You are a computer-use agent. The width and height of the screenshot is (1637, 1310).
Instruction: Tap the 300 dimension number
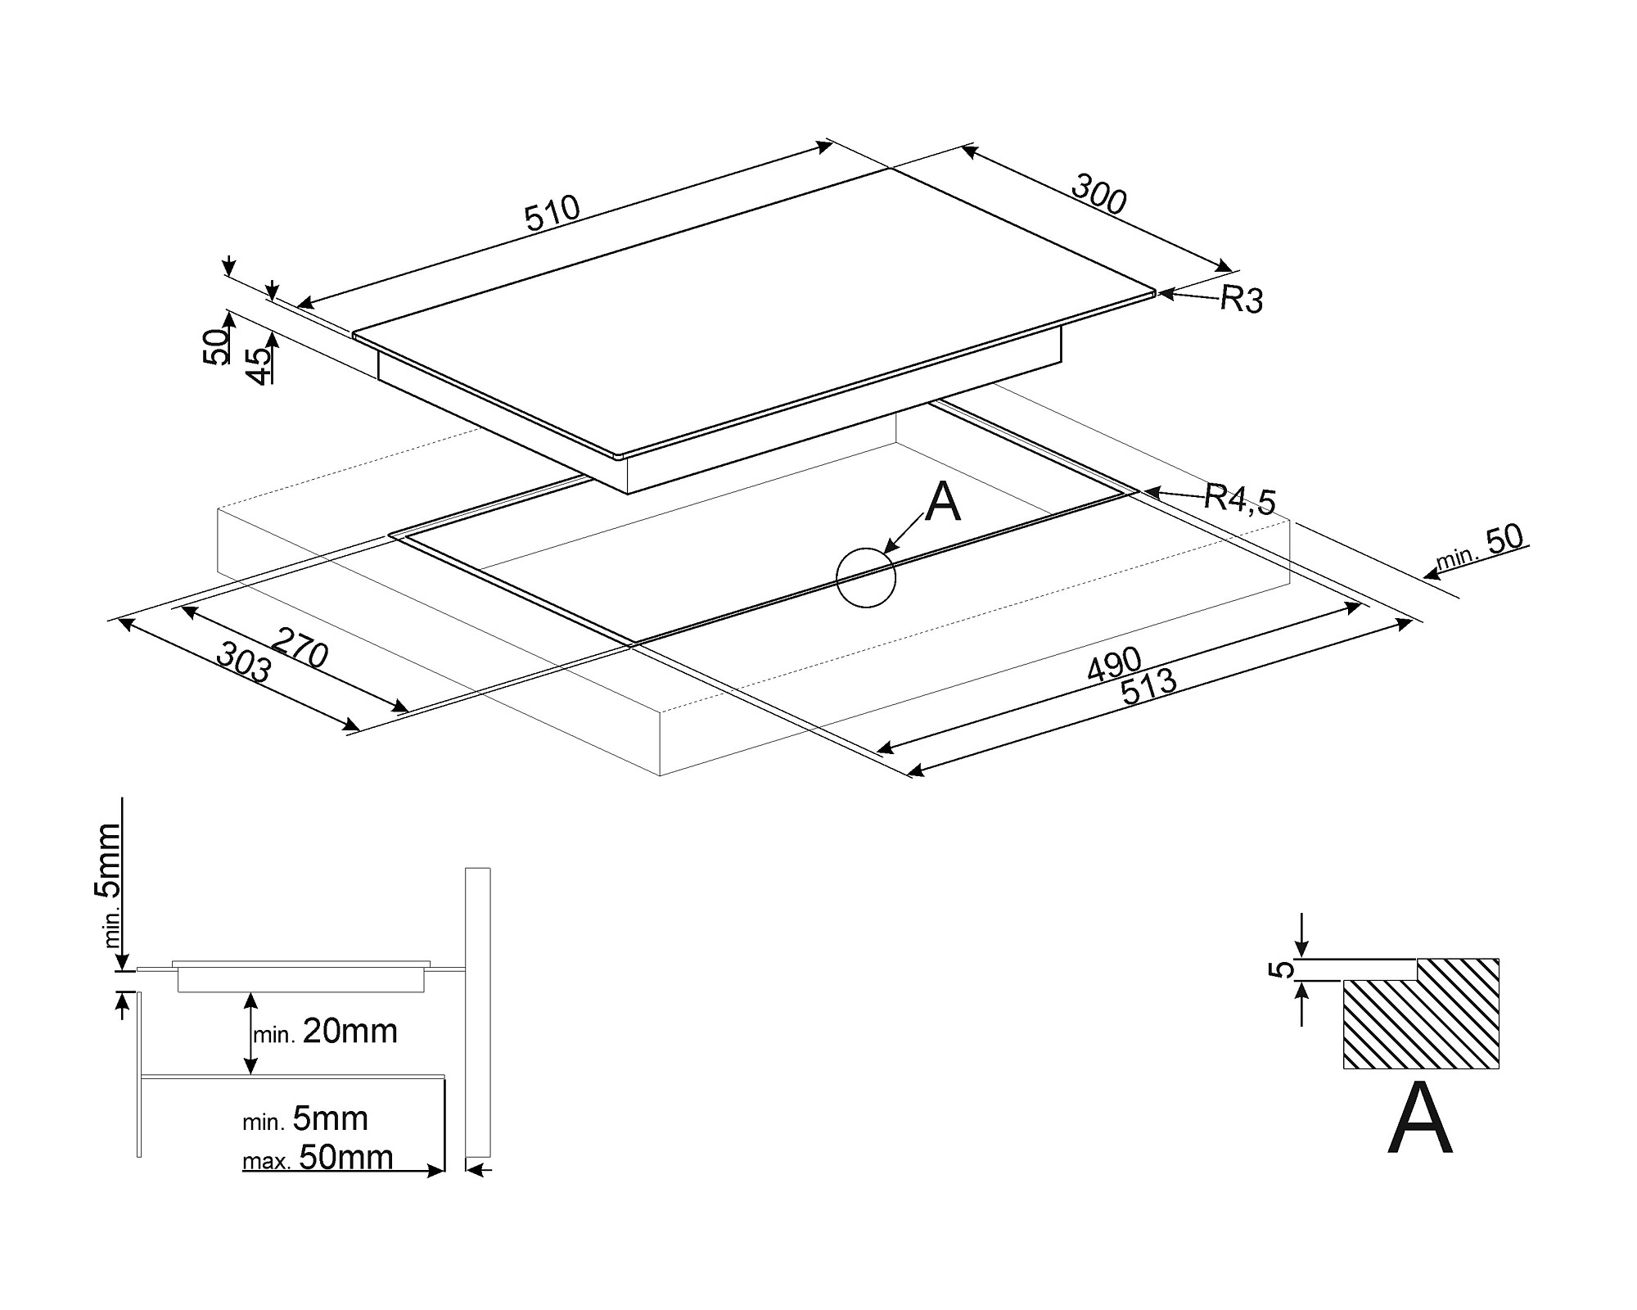[1098, 195]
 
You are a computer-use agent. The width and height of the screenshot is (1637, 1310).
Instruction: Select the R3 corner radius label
[1242, 300]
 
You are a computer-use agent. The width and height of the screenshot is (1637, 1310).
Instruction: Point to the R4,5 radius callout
[1239, 498]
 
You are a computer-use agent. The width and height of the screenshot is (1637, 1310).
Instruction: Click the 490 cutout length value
[1114, 664]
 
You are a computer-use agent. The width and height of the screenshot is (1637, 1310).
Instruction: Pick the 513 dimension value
[1148, 688]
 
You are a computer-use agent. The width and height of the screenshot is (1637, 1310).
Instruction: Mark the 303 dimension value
[243, 662]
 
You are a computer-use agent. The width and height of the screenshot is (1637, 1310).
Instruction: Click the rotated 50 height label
[217, 347]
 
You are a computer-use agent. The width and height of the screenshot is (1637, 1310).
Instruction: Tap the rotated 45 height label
[259, 365]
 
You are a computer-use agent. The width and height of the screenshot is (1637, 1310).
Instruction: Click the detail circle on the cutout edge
[866, 577]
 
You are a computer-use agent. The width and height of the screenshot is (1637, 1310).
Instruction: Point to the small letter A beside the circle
[943, 502]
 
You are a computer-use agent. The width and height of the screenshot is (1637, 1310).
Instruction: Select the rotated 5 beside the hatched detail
[1284, 969]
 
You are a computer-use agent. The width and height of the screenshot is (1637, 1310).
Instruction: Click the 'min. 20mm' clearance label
[326, 1032]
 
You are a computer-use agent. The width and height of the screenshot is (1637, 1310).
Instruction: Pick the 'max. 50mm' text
[318, 1158]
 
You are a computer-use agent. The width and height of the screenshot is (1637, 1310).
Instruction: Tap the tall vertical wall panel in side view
[478, 1011]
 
